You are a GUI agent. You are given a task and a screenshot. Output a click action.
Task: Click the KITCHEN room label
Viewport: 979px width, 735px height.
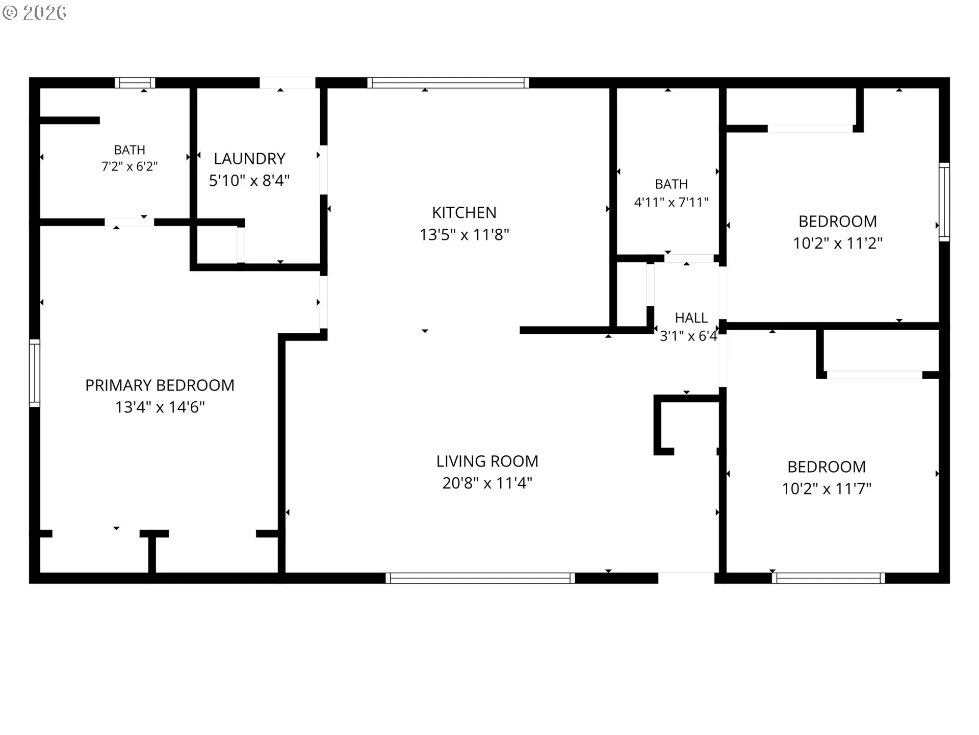464,212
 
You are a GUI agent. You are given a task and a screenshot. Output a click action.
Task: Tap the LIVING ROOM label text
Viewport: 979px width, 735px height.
487,461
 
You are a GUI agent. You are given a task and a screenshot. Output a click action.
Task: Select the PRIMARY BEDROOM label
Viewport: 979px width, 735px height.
160,385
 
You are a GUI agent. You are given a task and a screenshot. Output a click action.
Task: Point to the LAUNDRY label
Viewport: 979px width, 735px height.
249,159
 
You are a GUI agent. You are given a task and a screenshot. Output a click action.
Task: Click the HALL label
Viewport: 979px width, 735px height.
691,318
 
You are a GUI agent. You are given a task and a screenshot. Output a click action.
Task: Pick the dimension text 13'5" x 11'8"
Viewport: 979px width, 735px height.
464,234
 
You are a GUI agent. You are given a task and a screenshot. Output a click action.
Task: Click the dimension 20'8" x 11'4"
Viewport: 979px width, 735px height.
487,483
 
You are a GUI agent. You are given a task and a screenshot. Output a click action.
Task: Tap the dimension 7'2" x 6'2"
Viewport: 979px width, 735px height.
130,166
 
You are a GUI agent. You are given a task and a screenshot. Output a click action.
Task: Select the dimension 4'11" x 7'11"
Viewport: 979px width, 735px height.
671,202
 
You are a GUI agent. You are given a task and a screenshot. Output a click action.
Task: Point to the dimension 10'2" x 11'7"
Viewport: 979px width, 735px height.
827,488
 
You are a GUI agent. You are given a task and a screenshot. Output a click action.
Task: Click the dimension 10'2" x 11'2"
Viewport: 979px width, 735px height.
837,243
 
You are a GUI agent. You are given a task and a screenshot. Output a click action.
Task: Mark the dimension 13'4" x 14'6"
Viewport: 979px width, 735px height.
160,407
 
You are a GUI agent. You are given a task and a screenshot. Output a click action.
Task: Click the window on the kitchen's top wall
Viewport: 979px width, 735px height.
448,83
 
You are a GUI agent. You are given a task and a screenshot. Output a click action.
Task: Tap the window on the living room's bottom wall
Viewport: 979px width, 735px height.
480,578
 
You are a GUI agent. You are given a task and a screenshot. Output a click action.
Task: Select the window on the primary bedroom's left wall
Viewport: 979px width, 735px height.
34,373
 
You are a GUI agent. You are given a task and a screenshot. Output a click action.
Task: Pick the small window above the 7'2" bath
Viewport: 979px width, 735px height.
135,83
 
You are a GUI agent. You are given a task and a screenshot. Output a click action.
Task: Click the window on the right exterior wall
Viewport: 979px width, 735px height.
944,202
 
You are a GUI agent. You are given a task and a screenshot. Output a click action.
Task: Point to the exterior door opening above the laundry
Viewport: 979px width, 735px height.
288,83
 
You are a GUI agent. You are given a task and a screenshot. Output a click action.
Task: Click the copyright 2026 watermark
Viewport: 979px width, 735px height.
34,13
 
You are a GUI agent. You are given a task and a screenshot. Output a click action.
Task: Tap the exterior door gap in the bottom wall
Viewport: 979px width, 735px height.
686,578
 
